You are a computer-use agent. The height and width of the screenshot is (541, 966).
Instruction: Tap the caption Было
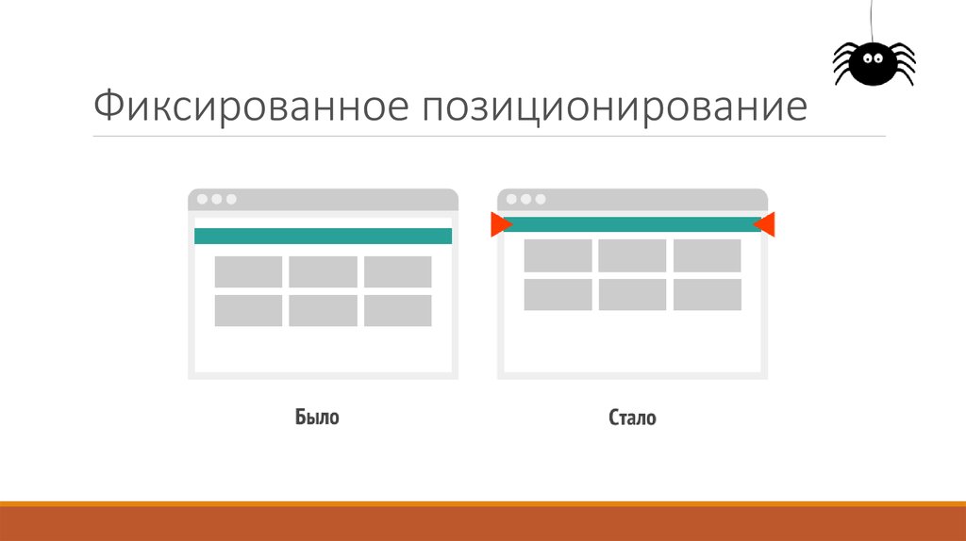316,417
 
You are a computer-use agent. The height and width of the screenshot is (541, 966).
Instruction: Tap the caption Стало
632,417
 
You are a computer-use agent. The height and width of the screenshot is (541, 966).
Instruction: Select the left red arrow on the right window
500,224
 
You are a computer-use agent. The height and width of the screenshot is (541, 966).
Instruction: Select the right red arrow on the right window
765,224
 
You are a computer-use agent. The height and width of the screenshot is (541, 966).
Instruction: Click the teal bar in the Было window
323,236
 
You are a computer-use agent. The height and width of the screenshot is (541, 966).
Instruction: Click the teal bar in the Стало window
632,224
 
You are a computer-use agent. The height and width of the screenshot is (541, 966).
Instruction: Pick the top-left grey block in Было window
248,271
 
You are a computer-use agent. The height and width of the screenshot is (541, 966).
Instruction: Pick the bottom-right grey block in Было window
397,310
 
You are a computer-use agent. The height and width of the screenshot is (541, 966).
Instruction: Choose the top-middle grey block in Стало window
632,255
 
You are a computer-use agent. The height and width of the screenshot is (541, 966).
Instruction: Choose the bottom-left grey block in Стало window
558,294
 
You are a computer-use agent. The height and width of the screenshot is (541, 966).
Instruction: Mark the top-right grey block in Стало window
707,255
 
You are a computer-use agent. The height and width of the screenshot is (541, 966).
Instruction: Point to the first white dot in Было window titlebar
201,199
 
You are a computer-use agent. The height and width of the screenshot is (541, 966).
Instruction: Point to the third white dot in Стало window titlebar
541,199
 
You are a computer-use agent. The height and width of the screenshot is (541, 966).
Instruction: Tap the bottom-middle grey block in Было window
323,310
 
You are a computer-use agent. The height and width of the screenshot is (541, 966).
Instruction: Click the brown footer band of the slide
483,524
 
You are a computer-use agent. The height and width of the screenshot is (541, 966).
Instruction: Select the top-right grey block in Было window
397,271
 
